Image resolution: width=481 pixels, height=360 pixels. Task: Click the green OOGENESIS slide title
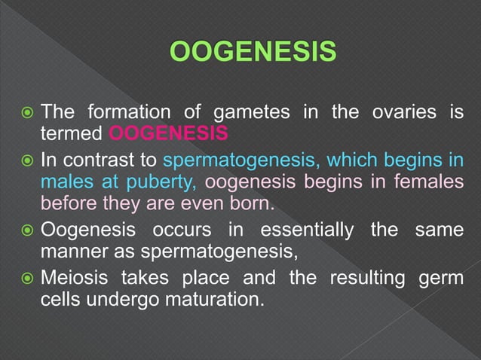point(253,53)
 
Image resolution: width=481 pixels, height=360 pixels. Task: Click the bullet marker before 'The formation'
point(26,114)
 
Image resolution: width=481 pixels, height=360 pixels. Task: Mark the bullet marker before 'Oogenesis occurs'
point(26,230)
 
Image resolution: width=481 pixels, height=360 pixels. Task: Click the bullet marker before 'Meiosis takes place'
point(26,278)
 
